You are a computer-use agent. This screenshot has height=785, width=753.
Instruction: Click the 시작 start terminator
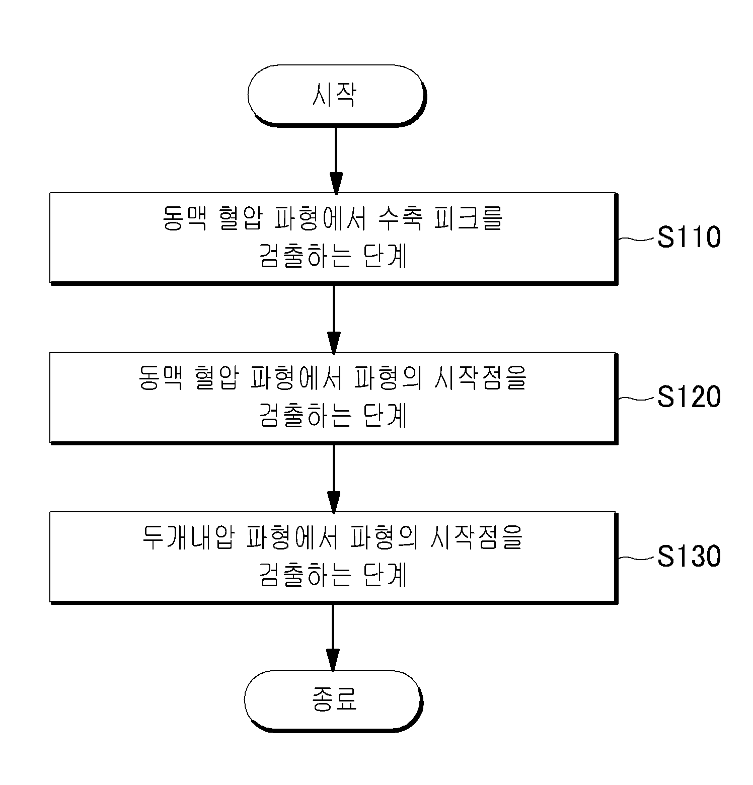pos(336,95)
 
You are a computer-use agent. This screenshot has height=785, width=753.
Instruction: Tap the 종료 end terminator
pos(333,700)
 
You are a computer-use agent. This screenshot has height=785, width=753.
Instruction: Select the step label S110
pos(689,237)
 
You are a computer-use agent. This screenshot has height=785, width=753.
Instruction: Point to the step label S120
pos(689,397)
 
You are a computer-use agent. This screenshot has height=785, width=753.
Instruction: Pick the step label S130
pos(689,557)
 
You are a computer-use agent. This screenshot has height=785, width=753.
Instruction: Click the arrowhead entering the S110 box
pos(335,183)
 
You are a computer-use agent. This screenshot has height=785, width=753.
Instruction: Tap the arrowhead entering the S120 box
pos(334,343)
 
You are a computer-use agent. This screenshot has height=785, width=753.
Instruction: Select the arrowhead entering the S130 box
pos(334,503)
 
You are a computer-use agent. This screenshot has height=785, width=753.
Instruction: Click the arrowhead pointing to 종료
pos(333,661)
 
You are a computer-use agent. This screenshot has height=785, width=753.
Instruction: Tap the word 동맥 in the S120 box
pos(160,378)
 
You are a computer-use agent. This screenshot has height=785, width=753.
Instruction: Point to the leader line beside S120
pos(637,398)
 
